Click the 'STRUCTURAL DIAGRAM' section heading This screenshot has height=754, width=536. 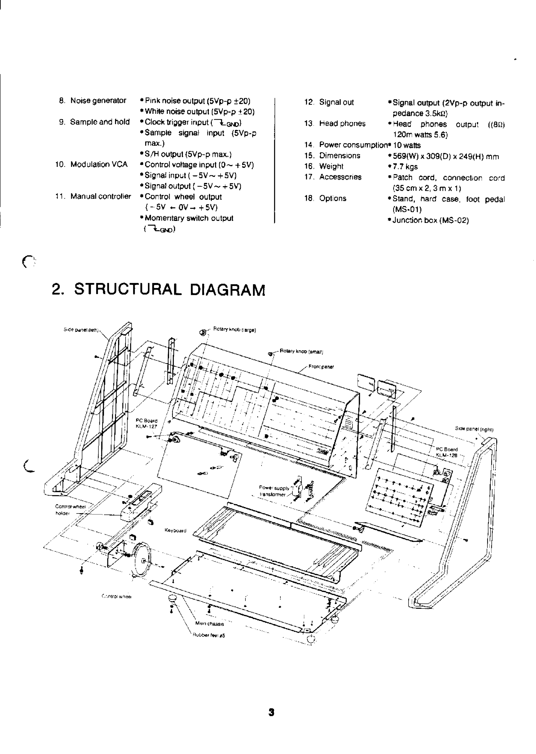coord(158,290)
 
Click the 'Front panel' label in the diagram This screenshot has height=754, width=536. coord(321,366)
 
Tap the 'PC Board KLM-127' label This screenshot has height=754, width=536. coord(147,424)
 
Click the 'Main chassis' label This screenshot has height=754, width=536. coord(210,624)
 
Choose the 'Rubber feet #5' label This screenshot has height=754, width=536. coord(209,635)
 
